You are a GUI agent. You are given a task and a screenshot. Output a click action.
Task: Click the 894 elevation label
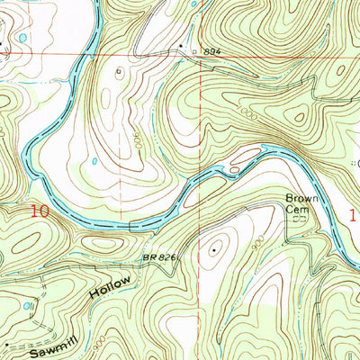click(212, 53)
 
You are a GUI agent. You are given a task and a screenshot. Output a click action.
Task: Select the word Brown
click(298, 197)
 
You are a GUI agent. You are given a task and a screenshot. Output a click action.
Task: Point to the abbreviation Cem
click(296, 208)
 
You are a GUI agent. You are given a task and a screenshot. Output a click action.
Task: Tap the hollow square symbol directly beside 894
click(196, 53)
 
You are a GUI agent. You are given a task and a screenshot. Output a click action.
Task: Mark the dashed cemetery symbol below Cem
click(301, 219)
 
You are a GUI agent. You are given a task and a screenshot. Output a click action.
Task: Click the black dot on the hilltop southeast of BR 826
click(213, 251)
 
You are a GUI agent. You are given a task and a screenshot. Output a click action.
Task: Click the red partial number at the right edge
click(355, 216)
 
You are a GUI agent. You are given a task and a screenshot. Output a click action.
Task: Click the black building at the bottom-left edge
click(8, 344)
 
